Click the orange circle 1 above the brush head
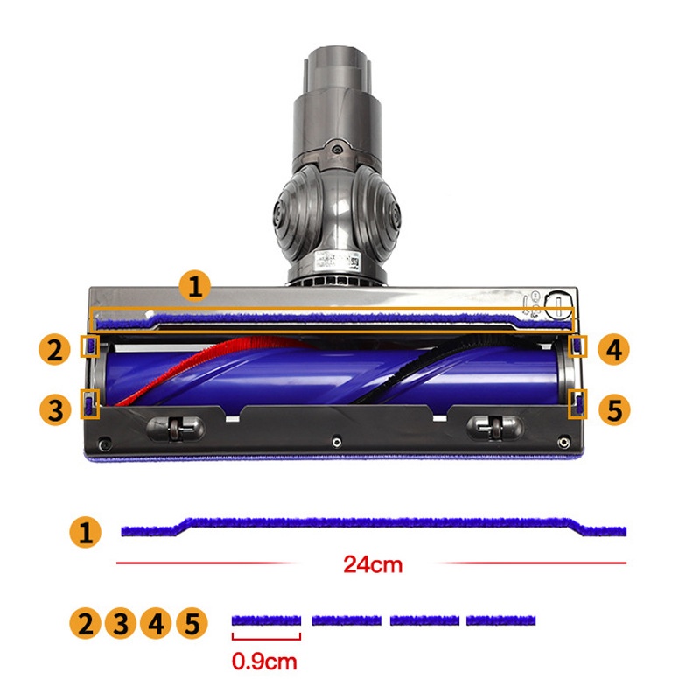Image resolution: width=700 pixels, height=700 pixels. [x=194, y=287]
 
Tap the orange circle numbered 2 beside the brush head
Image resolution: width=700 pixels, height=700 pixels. [x=54, y=349]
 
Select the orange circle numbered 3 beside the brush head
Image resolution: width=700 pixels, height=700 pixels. [x=55, y=409]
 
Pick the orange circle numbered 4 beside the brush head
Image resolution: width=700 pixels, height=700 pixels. [x=614, y=349]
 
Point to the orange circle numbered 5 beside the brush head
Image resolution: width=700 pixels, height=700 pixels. [x=614, y=409]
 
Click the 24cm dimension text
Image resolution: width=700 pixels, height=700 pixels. [x=373, y=564]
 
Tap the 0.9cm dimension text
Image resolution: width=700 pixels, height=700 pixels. [x=264, y=661]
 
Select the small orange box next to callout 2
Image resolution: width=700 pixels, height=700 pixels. [x=90, y=346]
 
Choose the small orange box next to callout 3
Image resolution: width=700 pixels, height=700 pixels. [x=90, y=404]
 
